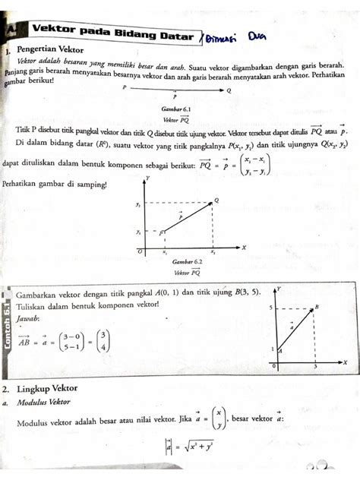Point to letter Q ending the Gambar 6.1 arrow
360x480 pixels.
[x=229, y=89]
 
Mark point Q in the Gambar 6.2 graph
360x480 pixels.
[x=216, y=201]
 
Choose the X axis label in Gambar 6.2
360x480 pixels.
[x=244, y=247]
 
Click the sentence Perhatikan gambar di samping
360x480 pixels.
[x=55, y=185]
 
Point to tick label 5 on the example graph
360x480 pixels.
[x=270, y=308]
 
